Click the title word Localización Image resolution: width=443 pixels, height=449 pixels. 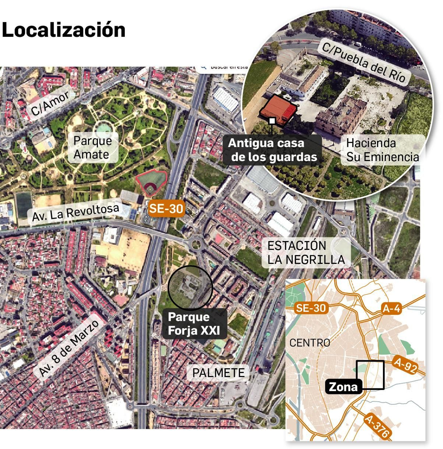coord(63,30)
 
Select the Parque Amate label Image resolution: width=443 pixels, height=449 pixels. coord(92,147)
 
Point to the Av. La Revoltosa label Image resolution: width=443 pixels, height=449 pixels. coord(75,212)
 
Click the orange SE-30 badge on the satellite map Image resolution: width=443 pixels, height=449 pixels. coord(166,208)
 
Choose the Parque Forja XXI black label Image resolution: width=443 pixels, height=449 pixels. coord(194,324)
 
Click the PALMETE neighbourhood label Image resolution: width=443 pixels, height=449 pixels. coord(218,373)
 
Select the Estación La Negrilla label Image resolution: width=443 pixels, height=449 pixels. coord(306,252)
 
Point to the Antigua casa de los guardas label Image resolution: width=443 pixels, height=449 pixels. coord(273,150)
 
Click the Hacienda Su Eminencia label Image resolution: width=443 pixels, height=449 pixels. coord(382,150)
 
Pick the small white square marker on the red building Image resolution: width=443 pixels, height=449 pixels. coord(272,121)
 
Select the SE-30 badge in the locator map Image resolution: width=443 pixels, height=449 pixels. coord(311,308)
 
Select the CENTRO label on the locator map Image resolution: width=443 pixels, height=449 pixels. coord(310,343)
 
